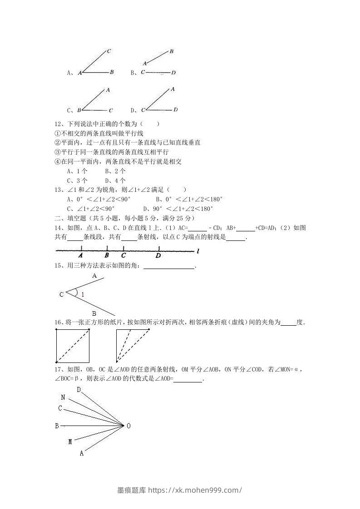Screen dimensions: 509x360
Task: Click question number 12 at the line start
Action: pos(58,124)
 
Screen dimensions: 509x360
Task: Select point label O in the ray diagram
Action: pos(128,426)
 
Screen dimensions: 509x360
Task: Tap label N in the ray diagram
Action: pos(63,397)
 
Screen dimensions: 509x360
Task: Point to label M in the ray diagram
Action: pos(70,441)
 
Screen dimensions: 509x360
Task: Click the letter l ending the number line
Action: pos(198,250)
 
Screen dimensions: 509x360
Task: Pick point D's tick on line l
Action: pos(159,248)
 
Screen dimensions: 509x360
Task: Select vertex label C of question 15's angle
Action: pos(61,295)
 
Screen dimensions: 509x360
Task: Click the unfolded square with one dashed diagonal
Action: pos(72,346)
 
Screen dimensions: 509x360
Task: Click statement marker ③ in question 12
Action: pos(57,152)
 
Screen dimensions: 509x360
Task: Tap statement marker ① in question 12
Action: pos(57,133)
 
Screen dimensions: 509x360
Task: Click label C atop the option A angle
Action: pos(109,51)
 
